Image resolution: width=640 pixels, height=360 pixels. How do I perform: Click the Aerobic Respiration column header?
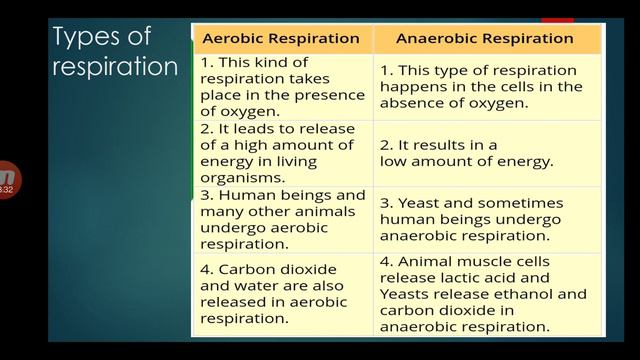pyautogui.click(x=281, y=39)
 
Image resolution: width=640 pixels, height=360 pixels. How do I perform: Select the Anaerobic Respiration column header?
pyautogui.click(x=485, y=39)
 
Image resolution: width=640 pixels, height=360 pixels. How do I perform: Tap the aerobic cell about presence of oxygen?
pyautogui.click(x=281, y=87)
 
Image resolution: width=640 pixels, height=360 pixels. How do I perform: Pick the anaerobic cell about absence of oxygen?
pyautogui.click(x=485, y=87)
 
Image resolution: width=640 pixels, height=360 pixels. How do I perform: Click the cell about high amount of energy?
pyautogui.click(x=281, y=153)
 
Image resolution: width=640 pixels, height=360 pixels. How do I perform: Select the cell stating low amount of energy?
pyautogui.click(x=485, y=153)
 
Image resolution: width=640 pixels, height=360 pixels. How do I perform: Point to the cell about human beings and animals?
pyautogui.click(x=281, y=219)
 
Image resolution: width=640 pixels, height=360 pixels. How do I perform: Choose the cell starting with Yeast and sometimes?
pyautogui.click(x=485, y=219)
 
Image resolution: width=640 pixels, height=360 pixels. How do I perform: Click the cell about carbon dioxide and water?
pyautogui.click(x=281, y=294)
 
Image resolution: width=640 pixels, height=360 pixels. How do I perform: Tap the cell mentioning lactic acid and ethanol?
pyautogui.click(x=485, y=294)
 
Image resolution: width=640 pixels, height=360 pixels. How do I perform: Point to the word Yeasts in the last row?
pyautogui.click(x=404, y=294)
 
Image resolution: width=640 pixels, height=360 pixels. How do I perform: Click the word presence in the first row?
pyautogui.click(x=318, y=95)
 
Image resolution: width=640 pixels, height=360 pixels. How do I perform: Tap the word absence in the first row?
pyautogui.click(x=411, y=103)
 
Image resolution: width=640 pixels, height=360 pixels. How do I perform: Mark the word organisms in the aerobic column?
pyautogui.click(x=238, y=178)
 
